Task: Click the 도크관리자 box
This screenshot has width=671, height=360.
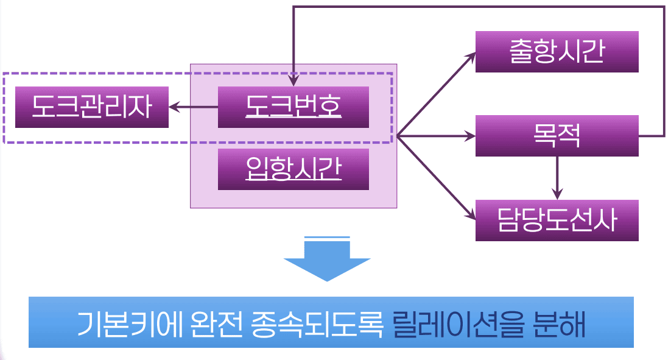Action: click(91, 107)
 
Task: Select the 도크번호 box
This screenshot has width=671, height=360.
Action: click(293, 107)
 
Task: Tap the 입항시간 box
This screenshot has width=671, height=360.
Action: click(293, 169)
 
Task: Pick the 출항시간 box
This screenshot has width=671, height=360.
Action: click(557, 52)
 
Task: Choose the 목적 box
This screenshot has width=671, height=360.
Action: click(557, 136)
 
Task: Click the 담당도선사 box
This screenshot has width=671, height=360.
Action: click(557, 220)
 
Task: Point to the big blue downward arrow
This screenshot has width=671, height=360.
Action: click(327, 259)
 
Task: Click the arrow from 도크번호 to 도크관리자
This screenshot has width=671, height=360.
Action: click(193, 108)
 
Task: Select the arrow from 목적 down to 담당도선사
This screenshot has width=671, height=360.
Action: click(557, 177)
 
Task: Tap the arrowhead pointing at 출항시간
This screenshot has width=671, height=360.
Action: click(469, 56)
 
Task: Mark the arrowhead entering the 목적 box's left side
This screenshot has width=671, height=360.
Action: click(469, 136)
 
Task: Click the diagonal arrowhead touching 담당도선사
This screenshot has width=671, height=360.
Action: click(469, 214)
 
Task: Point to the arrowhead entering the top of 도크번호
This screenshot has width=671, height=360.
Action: click(293, 81)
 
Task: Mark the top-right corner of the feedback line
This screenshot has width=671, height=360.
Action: click(664, 7)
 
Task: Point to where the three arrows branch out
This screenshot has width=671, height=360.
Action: click(398, 136)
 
